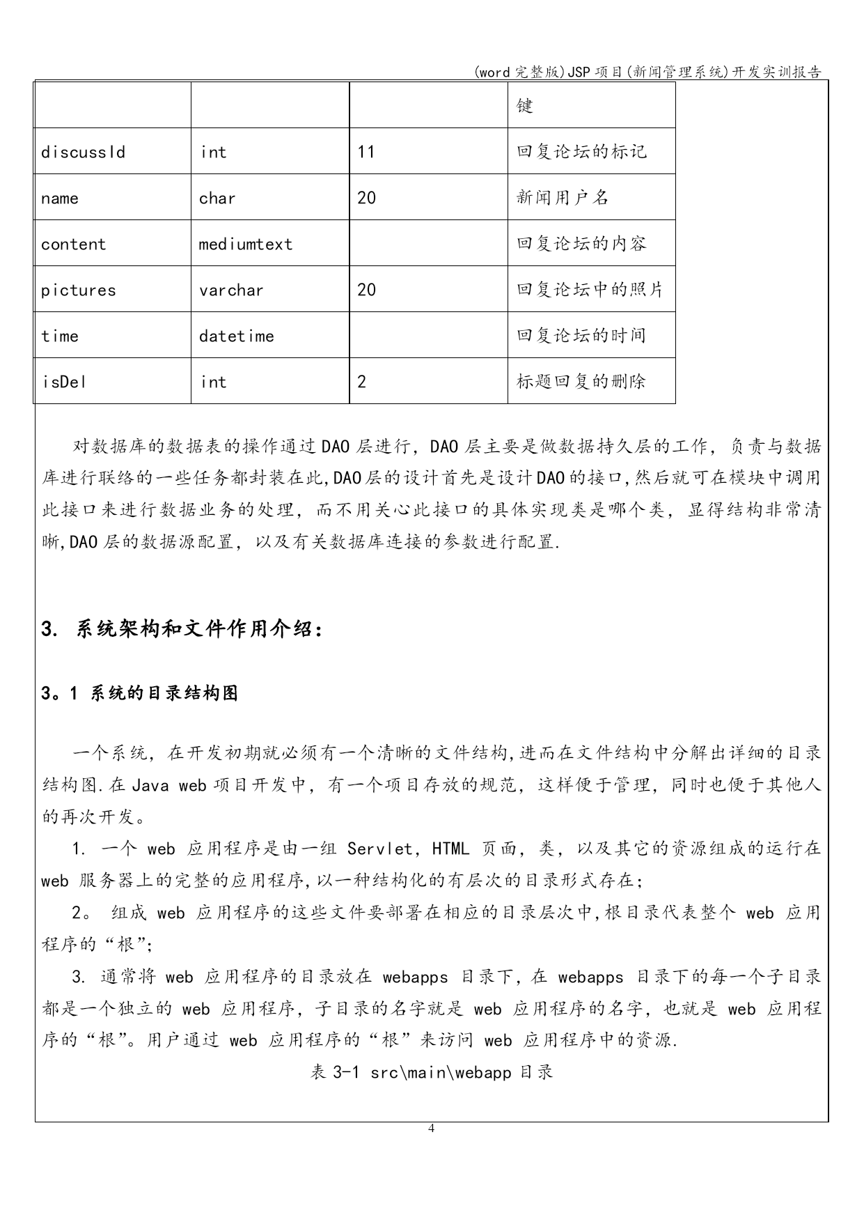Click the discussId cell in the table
[x=83, y=152]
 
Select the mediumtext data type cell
[x=245, y=244]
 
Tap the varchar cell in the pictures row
[x=231, y=290]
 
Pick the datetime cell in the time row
[x=236, y=336]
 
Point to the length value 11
[x=366, y=152]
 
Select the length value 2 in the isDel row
[x=361, y=382]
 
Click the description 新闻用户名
[x=563, y=198]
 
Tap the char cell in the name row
[x=217, y=198]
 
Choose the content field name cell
[x=73, y=244]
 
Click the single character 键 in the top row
[x=525, y=106]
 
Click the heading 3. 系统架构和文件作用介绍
[x=182, y=629]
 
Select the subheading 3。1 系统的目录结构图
[x=139, y=693]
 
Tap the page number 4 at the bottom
[x=432, y=1128]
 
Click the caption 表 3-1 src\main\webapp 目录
[x=432, y=1072]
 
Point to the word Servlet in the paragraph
[x=382, y=849]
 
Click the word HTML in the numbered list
[x=450, y=849]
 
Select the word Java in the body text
[x=150, y=784]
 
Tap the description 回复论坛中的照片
[x=590, y=290]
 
